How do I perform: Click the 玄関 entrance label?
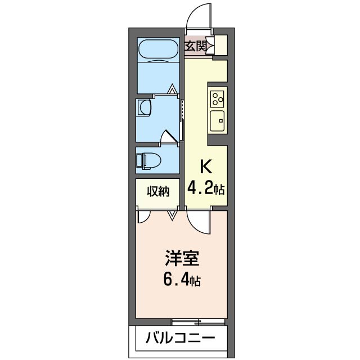pos(196,46)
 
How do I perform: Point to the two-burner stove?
pos(218,98)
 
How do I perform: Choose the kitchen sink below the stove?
pos(217,119)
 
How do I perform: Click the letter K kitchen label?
pos(206,166)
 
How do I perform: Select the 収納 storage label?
pos(157,192)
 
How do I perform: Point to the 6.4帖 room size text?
pos(182,280)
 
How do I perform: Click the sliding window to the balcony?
pos(198,322)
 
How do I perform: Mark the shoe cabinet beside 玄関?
pos(220,45)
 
